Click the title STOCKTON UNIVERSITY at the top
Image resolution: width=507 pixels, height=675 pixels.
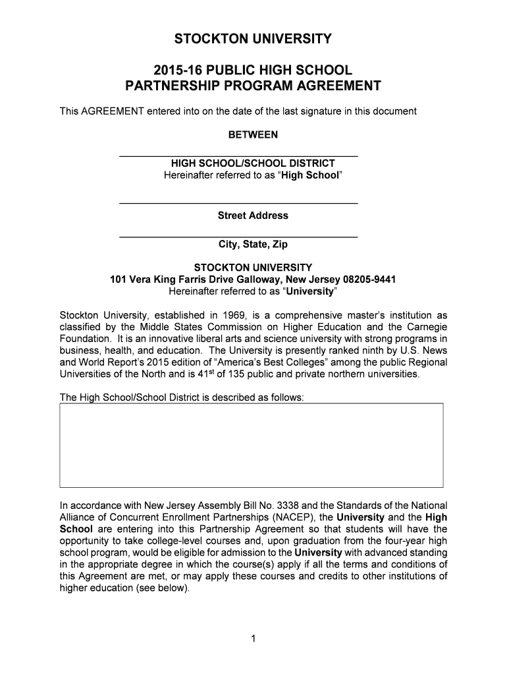pyautogui.click(x=253, y=40)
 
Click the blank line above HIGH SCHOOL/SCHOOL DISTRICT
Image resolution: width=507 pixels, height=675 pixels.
pyautogui.click(x=238, y=156)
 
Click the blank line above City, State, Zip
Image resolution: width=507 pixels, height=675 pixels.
pyautogui.click(x=238, y=236)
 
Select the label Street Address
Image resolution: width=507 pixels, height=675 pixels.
pyautogui.click(x=253, y=216)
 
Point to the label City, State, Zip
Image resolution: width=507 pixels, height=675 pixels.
pyautogui.click(x=253, y=245)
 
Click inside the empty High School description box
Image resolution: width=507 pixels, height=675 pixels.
pyautogui.click(x=251, y=445)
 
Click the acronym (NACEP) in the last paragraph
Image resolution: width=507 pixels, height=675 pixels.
pyautogui.click(x=295, y=517)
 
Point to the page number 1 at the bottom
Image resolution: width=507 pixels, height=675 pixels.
pyautogui.click(x=253, y=638)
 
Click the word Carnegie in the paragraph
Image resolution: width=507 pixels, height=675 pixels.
pyautogui.click(x=428, y=327)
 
